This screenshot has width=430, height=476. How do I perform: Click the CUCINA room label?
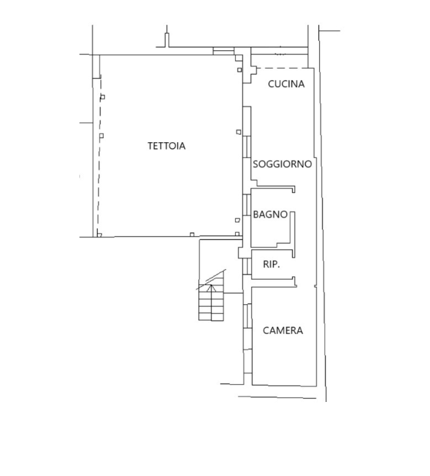pyautogui.click(x=286, y=84)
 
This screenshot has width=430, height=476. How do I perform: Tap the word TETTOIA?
pyautogui.click(x=166, y=147)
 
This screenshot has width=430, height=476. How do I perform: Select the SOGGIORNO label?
pyautogui.click(x=282, y=164)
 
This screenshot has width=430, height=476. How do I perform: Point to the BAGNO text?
pyautogui.click(x=269, y=214)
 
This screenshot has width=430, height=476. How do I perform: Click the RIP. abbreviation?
pyautogui.click(x=271, y=264)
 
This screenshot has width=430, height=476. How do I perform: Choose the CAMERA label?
pyautogui.click(x=283, y=331)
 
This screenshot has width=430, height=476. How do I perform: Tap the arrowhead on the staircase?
pyautogui.click(x=211, y=287)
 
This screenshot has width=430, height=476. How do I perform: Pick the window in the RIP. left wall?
pyautogui.click(x=246, y=264)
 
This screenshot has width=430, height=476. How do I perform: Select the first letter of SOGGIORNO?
pyautogui.click(x=256, y=164)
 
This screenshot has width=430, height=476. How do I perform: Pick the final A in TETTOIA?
pyautogui.click(x=182, y=147)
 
